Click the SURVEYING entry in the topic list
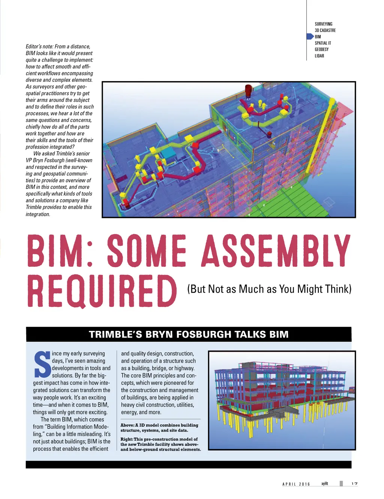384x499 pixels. pos(323,24)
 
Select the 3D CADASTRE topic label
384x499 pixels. pos(325,30)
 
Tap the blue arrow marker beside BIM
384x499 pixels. pos(310,36)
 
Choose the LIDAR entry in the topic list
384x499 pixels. pos(319,56)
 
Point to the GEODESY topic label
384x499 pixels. pos(321,50)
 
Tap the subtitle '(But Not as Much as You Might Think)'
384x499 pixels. pos(269,289)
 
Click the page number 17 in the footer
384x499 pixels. pos(354,484)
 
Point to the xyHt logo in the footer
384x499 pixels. pos(324,484)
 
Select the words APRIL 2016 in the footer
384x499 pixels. pos(296,484)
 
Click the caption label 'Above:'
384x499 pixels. pos(127,425)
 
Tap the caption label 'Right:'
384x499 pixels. pos(127,439)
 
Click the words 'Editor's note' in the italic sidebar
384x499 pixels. pos(39,47)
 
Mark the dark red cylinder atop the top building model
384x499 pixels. pos(248,90)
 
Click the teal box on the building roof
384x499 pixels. pos(168,152)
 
